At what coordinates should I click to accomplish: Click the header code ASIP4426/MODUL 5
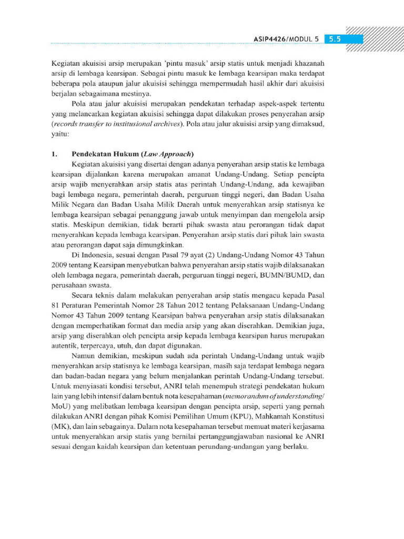pyautogui.click(x=287, y=39)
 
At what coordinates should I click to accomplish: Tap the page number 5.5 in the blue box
pyautogui.click(x=335, y=39)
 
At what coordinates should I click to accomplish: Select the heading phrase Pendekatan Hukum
pyautogui.click(x=98, y=154)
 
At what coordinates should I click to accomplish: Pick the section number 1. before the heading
pyautogui.click(x=54, y=154)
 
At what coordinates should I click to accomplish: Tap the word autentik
pyautogui.click(x=67, y=346)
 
